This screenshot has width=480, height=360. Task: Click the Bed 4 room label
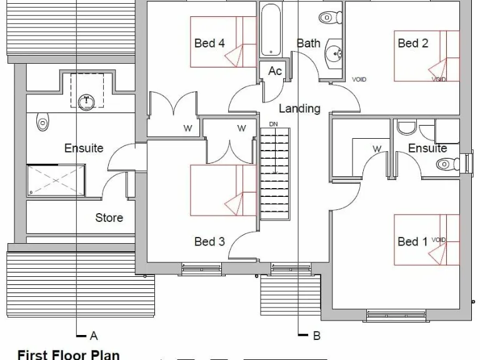[x=209, y=43]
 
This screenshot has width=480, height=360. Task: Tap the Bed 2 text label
[x=413, y=43]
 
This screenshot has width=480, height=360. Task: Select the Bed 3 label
[x=209, y=241]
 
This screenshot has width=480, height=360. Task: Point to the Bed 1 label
[x=413, y=241]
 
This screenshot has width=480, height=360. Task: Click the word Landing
[x=299, y=108]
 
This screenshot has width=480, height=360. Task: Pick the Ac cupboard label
[x=275, y=71]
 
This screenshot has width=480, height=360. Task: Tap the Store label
[x=109, y=217]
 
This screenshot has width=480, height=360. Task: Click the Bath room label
[x=309, y=43]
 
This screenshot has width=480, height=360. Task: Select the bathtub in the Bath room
[x=271, y=30]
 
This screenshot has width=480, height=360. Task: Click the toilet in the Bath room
[x=331, y=17]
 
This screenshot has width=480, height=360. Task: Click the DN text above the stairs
[x=273, y=124]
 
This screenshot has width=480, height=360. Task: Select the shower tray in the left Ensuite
[x=56, y=181]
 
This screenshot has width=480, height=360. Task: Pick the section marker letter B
[x=316, y=336]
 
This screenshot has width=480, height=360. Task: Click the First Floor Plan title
[x=69, y=354]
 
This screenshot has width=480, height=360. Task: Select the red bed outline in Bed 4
[x=223, y=42]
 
